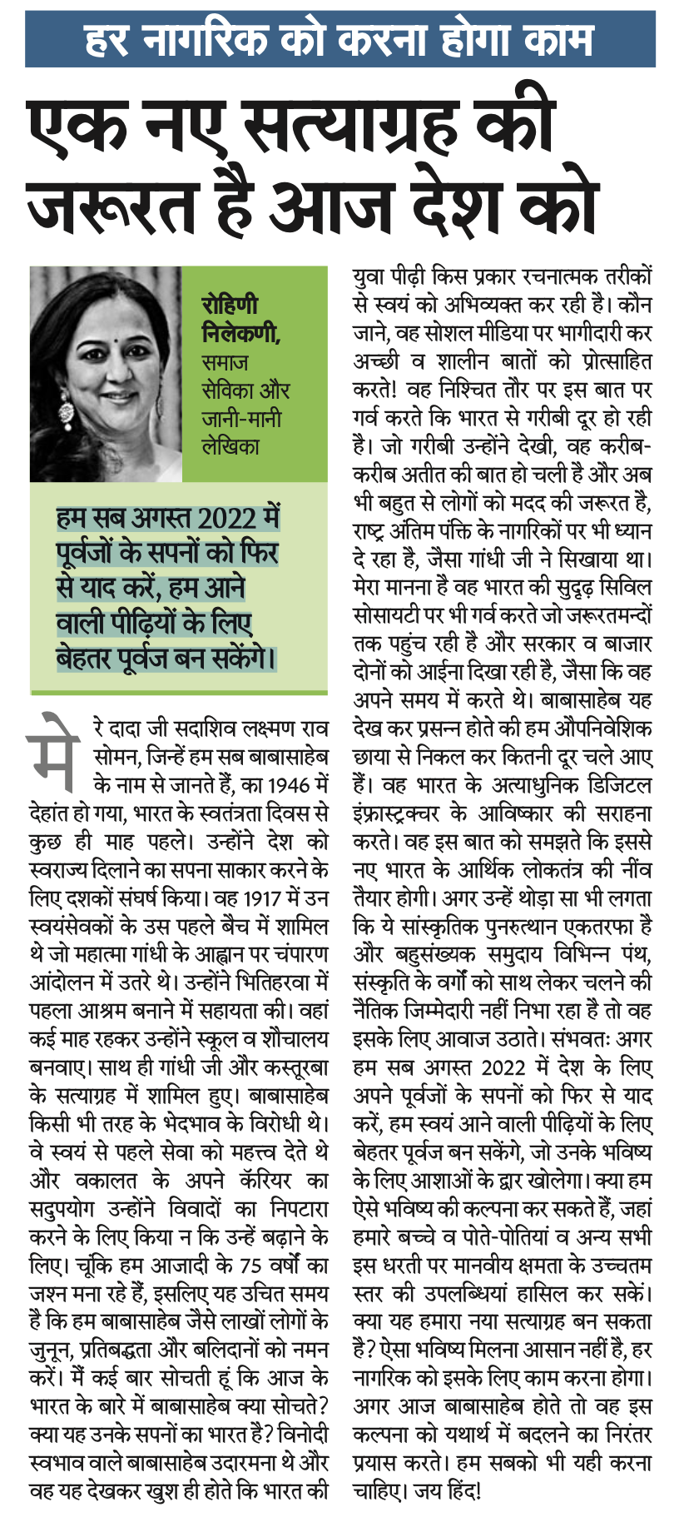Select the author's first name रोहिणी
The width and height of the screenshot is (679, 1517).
(229, 305)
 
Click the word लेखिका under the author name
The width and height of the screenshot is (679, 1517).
(230, 446)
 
